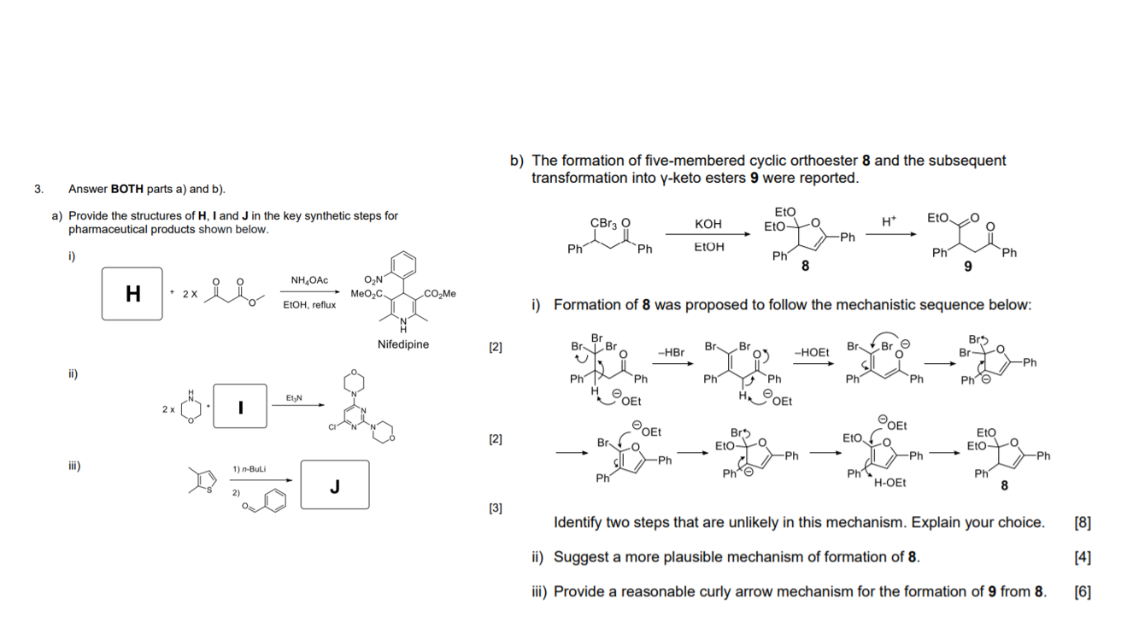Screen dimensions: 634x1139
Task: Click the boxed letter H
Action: click(x=132, y=294)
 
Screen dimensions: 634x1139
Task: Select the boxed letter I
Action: click(x=240, y=408)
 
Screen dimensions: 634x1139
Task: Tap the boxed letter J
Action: click(x=335, y=487)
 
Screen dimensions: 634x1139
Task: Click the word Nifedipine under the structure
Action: click(x=402, y=344)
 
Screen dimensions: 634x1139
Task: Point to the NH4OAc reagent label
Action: click(x=309, y=280)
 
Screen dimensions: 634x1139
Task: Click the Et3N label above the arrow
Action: click(x=293, y=398)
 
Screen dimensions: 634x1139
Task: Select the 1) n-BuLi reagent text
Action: click(x=249, y=469)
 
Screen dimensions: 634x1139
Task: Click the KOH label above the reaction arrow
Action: click(x=707, y=224)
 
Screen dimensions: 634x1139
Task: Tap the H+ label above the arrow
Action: click(x=889, y=220)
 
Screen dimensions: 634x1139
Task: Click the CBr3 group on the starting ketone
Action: click(x=604, y=222)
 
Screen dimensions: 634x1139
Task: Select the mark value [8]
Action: click(x=1082, y=523)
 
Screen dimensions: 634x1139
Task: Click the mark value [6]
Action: click(x=1082, y=591)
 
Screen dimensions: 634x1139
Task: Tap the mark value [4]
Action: click(x=1082, y=557)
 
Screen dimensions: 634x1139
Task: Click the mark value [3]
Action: click(x=496, y=508)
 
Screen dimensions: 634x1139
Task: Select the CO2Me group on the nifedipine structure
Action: click(x=439, y=294)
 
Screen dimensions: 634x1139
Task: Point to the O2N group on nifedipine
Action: click(x=374, y=280)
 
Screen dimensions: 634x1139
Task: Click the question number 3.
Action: click(x=38, y=189)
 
